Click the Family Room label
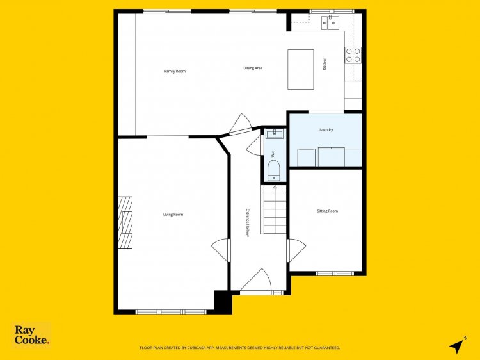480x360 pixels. point(175,71)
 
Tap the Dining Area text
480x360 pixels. point(253,68)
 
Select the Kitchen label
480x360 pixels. point(324,64)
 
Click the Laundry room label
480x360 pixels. point(326,130)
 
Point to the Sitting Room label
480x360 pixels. point(327,211)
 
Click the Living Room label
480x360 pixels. point(173,215)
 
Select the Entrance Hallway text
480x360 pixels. point(248,223)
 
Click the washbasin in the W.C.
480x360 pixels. point(273,134)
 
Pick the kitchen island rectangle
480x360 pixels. point(301,69)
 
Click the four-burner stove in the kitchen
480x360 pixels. point(353,55)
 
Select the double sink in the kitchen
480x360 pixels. point(330,22)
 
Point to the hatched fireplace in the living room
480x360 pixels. point(125,222)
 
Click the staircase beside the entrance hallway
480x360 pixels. point(275,209)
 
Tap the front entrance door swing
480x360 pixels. point(257,280)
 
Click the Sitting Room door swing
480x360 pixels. point(297,250)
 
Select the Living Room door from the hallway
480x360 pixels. point(220,250)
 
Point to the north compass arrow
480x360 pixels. point(458,346)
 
